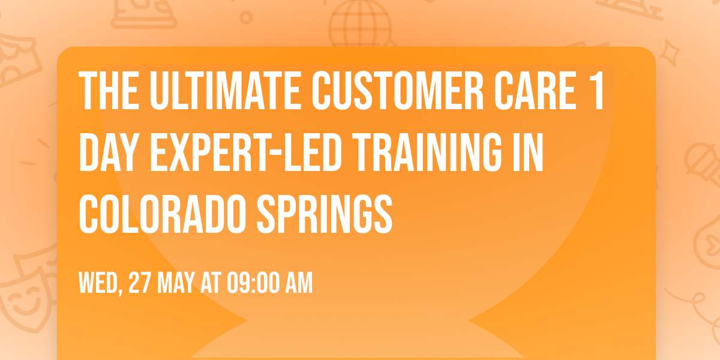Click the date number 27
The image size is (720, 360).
click(140, 283)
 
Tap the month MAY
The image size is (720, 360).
click(178, 283)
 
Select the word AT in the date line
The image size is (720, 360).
click(212, 283)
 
